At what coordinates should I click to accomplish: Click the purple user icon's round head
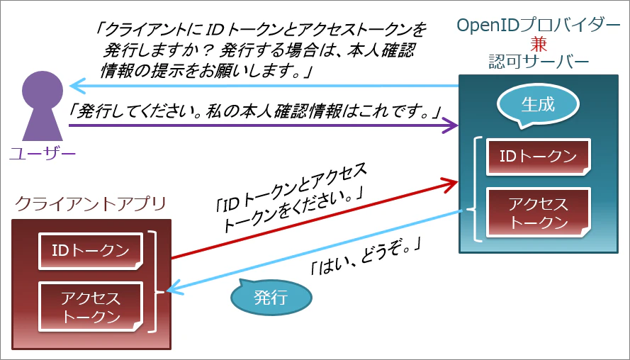[x=43, y=90]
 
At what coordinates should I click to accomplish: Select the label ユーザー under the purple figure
[x=43, y=154]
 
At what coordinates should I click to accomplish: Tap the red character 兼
[x=538, y=44]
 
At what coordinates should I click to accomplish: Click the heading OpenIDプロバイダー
[x=538, y=26]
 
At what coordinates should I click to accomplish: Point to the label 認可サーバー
[x=539, y=62]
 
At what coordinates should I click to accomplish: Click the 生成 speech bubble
[x=538, y=106]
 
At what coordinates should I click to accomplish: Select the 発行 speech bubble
[x=271, y=298]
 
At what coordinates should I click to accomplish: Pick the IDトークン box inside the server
[x=539, y=157]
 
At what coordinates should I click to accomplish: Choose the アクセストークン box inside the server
[x=539, y=213]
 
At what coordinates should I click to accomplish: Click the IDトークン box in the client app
[x=91, y=251]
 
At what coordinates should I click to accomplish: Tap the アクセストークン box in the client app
[x=91, y=307]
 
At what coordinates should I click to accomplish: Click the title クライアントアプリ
[x=91, y=204]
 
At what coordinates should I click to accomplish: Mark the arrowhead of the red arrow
[x=451, y=184]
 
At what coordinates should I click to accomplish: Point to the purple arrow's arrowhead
[x=451, y=125]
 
